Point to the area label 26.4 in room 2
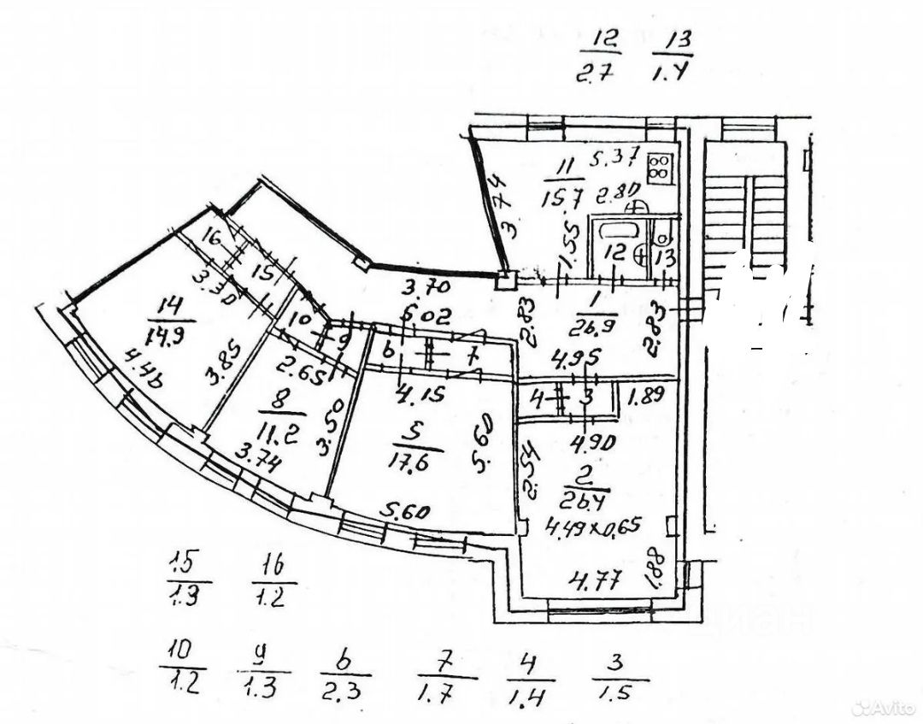[x=580, y=498]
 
